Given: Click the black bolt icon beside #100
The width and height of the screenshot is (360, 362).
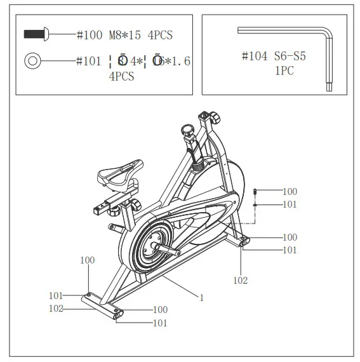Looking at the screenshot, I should point(36,34).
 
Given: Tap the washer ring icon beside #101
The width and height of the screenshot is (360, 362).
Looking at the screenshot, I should point(32,61).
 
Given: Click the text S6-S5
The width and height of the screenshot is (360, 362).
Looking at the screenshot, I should point(291,57).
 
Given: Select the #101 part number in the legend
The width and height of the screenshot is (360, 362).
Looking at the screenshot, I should point(89,61).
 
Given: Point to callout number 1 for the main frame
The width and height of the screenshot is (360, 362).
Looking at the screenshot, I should point(201,297).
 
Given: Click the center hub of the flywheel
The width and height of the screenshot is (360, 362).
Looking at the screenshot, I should point(155,244).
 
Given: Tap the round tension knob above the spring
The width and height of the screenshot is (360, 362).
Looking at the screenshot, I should point(187,130).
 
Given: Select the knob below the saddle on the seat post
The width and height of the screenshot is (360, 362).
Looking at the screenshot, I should point(136,204).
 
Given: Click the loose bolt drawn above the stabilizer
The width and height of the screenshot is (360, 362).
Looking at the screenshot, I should point(255,191).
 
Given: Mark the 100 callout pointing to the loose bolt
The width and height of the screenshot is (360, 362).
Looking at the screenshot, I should point(290,191).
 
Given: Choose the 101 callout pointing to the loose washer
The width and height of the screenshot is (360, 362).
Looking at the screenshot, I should point(290,204).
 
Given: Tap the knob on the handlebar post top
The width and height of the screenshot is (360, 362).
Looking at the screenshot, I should point(216,118).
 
